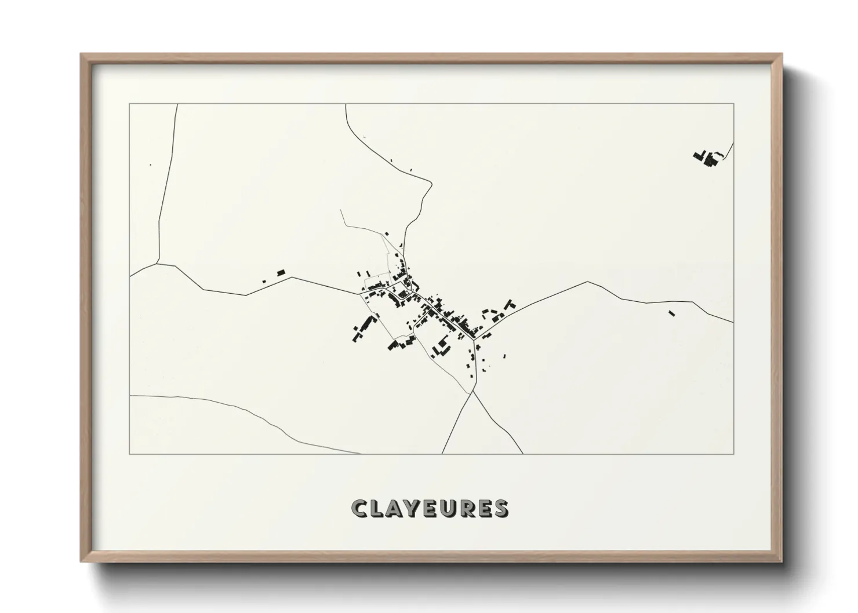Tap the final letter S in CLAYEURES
501,509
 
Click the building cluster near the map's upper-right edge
708,158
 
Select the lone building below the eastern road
672,313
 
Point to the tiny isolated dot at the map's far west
150,165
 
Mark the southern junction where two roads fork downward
473,392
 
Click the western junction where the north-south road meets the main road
157,264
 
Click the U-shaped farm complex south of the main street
443,345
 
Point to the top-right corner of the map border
733,104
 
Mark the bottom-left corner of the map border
130,454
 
